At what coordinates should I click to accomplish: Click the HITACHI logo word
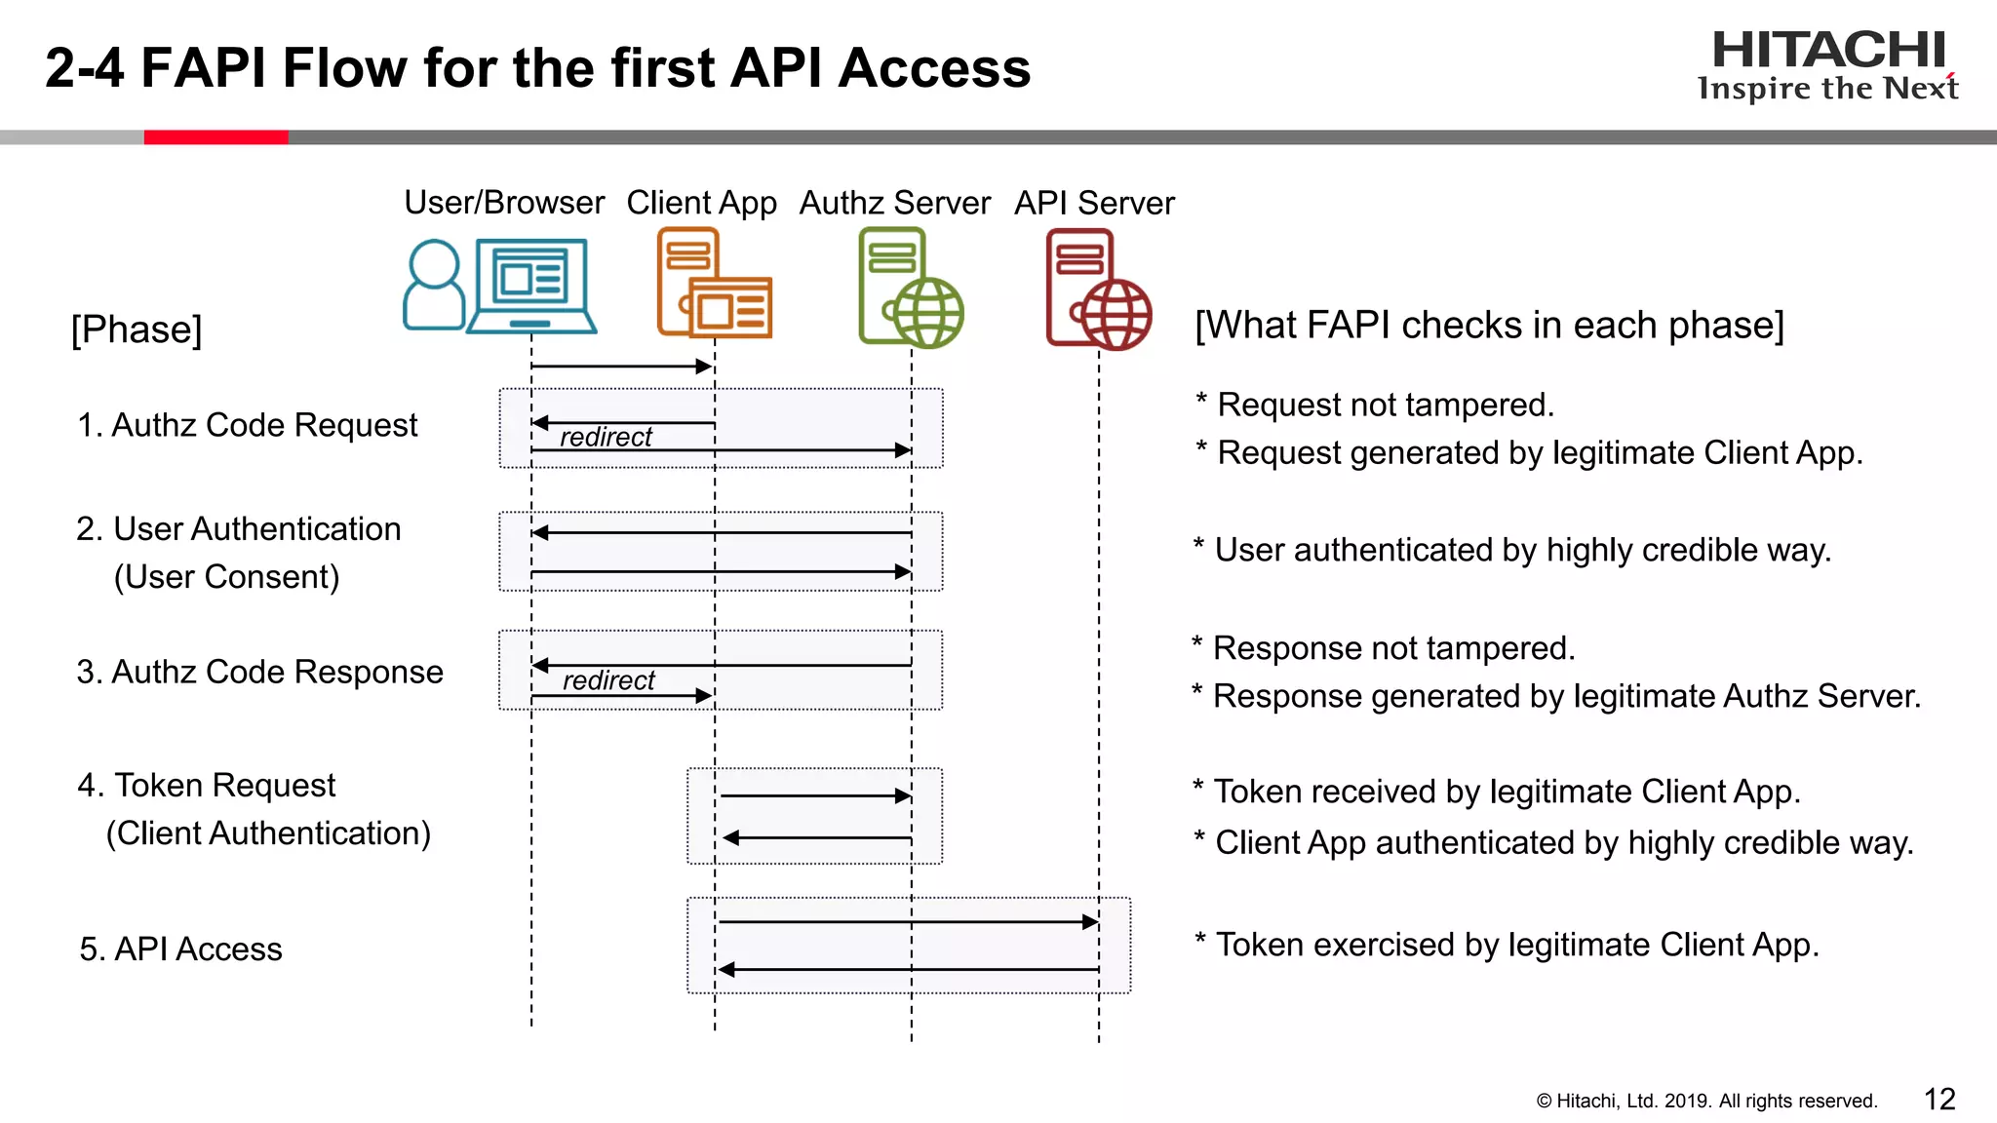pyautogui.click(x=1828, y=51)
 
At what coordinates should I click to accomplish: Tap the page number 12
pyautogui.click(x=1939, y=1099)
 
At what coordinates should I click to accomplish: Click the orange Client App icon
pyautogui.click(x=714, y=284)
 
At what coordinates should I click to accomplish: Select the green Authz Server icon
pyautogui.click(x=910, y=288)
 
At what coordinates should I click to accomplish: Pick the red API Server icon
pyautogui.click(x=1097, y=290)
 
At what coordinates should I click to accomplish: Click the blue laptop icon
pyautogui.click(x=531, y=287)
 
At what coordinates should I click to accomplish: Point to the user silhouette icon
pyautogui.click(x=433, y=285)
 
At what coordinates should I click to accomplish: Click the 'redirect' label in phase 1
pyautogui.click(x=606, y=437)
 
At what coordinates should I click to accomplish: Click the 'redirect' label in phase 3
pyautogui.click(x=608, y=680)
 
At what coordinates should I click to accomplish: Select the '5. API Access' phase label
pyautogui.click(x=180, y=949)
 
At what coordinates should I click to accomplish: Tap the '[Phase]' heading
pyautogui.click(x=137, y=329)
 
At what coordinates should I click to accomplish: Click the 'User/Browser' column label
pyautogui.click(x=504, y=203)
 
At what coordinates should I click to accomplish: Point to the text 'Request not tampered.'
pyautogui.click(x=1385, y=405)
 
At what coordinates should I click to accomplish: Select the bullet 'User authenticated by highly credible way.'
pyautogui.click(x=1521, y=550)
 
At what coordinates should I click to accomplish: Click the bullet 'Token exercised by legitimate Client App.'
pyautogui.click(x=1516, y=945)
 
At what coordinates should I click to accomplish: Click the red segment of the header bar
pyautogui.click(x=215, y=137)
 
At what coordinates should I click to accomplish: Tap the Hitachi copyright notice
pyautogui.click(x=1706, y=1101)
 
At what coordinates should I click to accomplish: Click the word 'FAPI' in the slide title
pyautogui.click(x=203, y=68)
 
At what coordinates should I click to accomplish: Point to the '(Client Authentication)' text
pyautogui.click(x=268, y=833)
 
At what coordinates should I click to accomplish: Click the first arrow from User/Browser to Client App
pyautogui.click(x=620, y=367)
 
